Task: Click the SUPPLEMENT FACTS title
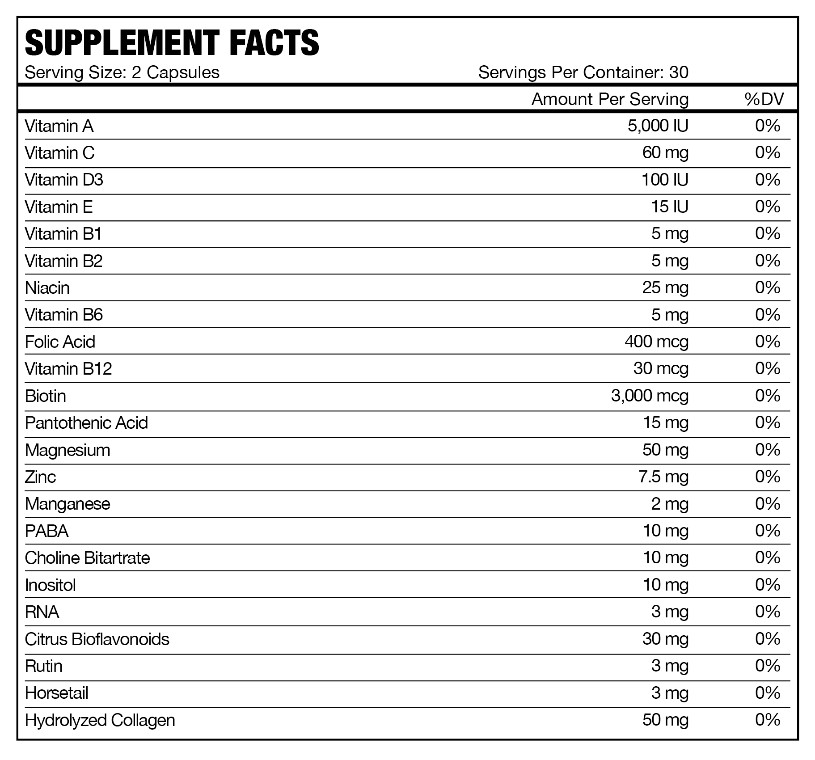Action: (172, 43)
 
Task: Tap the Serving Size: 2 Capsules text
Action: (122, 72)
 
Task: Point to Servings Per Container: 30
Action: (583, 72)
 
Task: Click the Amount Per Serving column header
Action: (610, 99)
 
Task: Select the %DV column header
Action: (764, 99)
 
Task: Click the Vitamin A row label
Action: (59, 127)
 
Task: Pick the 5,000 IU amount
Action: (658, 126)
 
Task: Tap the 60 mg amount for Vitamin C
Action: (665, 153)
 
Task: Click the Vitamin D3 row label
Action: (64, 180)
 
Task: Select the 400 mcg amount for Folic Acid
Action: (656, 342)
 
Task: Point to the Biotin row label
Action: (46, 396)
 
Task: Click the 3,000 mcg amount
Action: (650, 396)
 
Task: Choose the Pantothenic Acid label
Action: (86, 423)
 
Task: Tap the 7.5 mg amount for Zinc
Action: (663, 477)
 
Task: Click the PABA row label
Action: (46, 531)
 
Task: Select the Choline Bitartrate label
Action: (88, 558)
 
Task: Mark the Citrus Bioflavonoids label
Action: (97, 639)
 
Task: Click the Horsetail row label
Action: (57, 693)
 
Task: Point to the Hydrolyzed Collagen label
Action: (100, 720)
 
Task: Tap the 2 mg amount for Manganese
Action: (670, 504)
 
